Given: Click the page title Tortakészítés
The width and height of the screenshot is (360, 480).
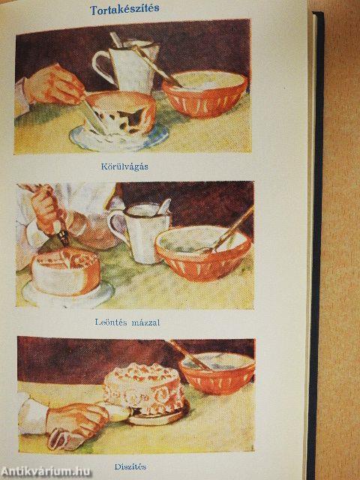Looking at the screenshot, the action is coord(124,9).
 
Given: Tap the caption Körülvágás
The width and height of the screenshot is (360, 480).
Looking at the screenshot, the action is coord(124,166).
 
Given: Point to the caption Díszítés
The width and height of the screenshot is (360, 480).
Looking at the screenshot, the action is coord(130,466).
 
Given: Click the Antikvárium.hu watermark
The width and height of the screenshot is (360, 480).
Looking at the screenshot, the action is coord(46,472).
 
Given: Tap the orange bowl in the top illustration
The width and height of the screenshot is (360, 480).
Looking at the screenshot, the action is coord(205,94).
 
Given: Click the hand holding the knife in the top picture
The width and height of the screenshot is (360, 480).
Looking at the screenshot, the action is coord(53,84).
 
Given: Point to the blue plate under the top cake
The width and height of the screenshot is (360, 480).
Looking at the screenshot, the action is coord(118,137).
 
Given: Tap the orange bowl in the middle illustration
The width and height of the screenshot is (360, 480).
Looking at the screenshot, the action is coord(203,253).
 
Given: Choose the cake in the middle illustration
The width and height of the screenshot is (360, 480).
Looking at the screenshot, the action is coord(66,271).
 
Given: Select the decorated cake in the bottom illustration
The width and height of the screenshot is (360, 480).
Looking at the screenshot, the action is coord(144,388).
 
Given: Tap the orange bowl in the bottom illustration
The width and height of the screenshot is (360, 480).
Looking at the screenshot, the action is coord(217,373).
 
